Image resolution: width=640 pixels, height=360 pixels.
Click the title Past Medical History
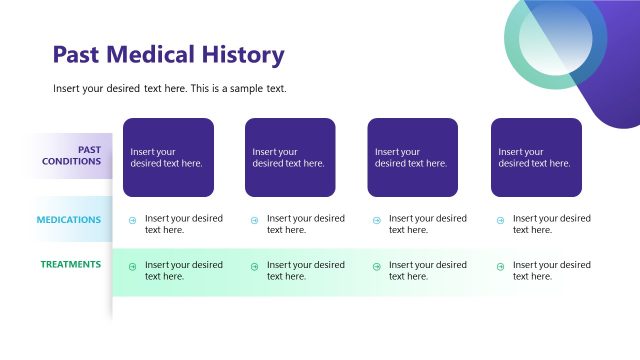point(168,55)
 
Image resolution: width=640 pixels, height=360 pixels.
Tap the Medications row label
point(68,219)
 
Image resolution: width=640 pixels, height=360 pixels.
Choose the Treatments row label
point(70,264)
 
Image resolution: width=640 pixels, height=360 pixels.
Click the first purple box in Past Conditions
point(168,157)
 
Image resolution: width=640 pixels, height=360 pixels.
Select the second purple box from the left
point(290,157)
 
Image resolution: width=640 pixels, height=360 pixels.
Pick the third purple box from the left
point(412,157)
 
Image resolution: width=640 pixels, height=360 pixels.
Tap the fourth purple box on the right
point(536,157)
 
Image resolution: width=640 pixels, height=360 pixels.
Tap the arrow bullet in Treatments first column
point(132,267)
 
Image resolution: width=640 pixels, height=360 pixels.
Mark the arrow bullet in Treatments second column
point(254,267)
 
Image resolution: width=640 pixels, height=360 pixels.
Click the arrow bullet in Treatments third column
point(376,267)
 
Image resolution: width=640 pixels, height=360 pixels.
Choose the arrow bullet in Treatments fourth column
point(499,267)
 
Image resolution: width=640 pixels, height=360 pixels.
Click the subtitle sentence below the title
point(170,89)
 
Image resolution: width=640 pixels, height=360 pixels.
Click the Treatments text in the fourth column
point(551,270)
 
